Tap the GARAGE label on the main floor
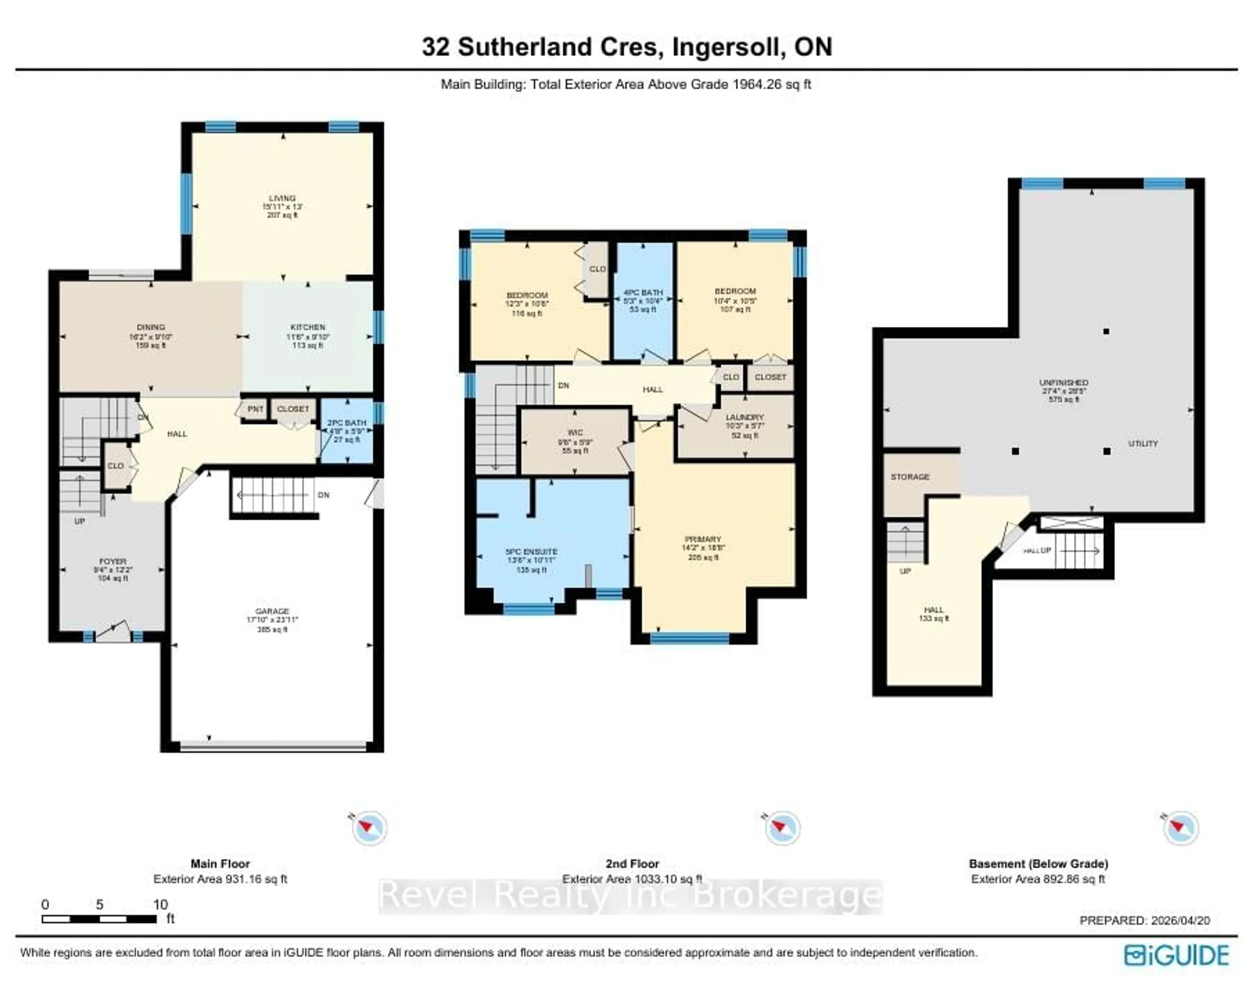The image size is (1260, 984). click(x=272, y=611)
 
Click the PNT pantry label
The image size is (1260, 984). click(x=255, y=409)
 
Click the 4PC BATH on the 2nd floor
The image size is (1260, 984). click(x=643, y=300)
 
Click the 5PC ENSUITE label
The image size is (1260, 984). click(x=531, y=552)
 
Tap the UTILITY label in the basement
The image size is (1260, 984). click(x=1143, y=444)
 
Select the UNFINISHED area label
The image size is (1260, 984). click(x=1063, y=382)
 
